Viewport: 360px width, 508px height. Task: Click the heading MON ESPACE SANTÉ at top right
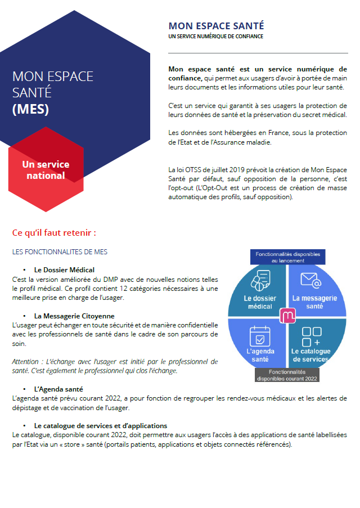click(x=216, y=26)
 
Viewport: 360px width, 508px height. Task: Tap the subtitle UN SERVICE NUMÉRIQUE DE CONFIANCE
click(x=215, y=36)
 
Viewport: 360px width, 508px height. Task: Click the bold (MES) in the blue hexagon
click(x=30, y=109)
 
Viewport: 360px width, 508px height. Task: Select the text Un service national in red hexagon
click(x=46, y=170)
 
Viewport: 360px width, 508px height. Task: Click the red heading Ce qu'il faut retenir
click(x=54, y=232)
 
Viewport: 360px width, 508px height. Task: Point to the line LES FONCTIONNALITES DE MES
click(x=60, y=251)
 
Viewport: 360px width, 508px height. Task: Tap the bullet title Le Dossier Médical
click(x=64, y=269)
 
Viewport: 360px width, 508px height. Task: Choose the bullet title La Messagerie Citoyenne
click(x=74, y=316)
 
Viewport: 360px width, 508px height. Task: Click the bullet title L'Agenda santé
click(x=58, y=389)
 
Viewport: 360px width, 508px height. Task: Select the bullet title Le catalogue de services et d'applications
click(x=101, y=426)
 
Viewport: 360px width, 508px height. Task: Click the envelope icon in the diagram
click(x=310, y=280)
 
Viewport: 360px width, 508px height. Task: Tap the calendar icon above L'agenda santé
click(x=260, y=335)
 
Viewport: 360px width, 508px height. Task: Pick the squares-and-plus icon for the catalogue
click(x=311, y=336)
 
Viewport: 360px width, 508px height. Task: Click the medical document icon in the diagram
click(x=260, y=281)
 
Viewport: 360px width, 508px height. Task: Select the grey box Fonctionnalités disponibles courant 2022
click(x=287, y=375)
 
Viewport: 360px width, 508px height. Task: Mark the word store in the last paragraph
click(x=140, y=444)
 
